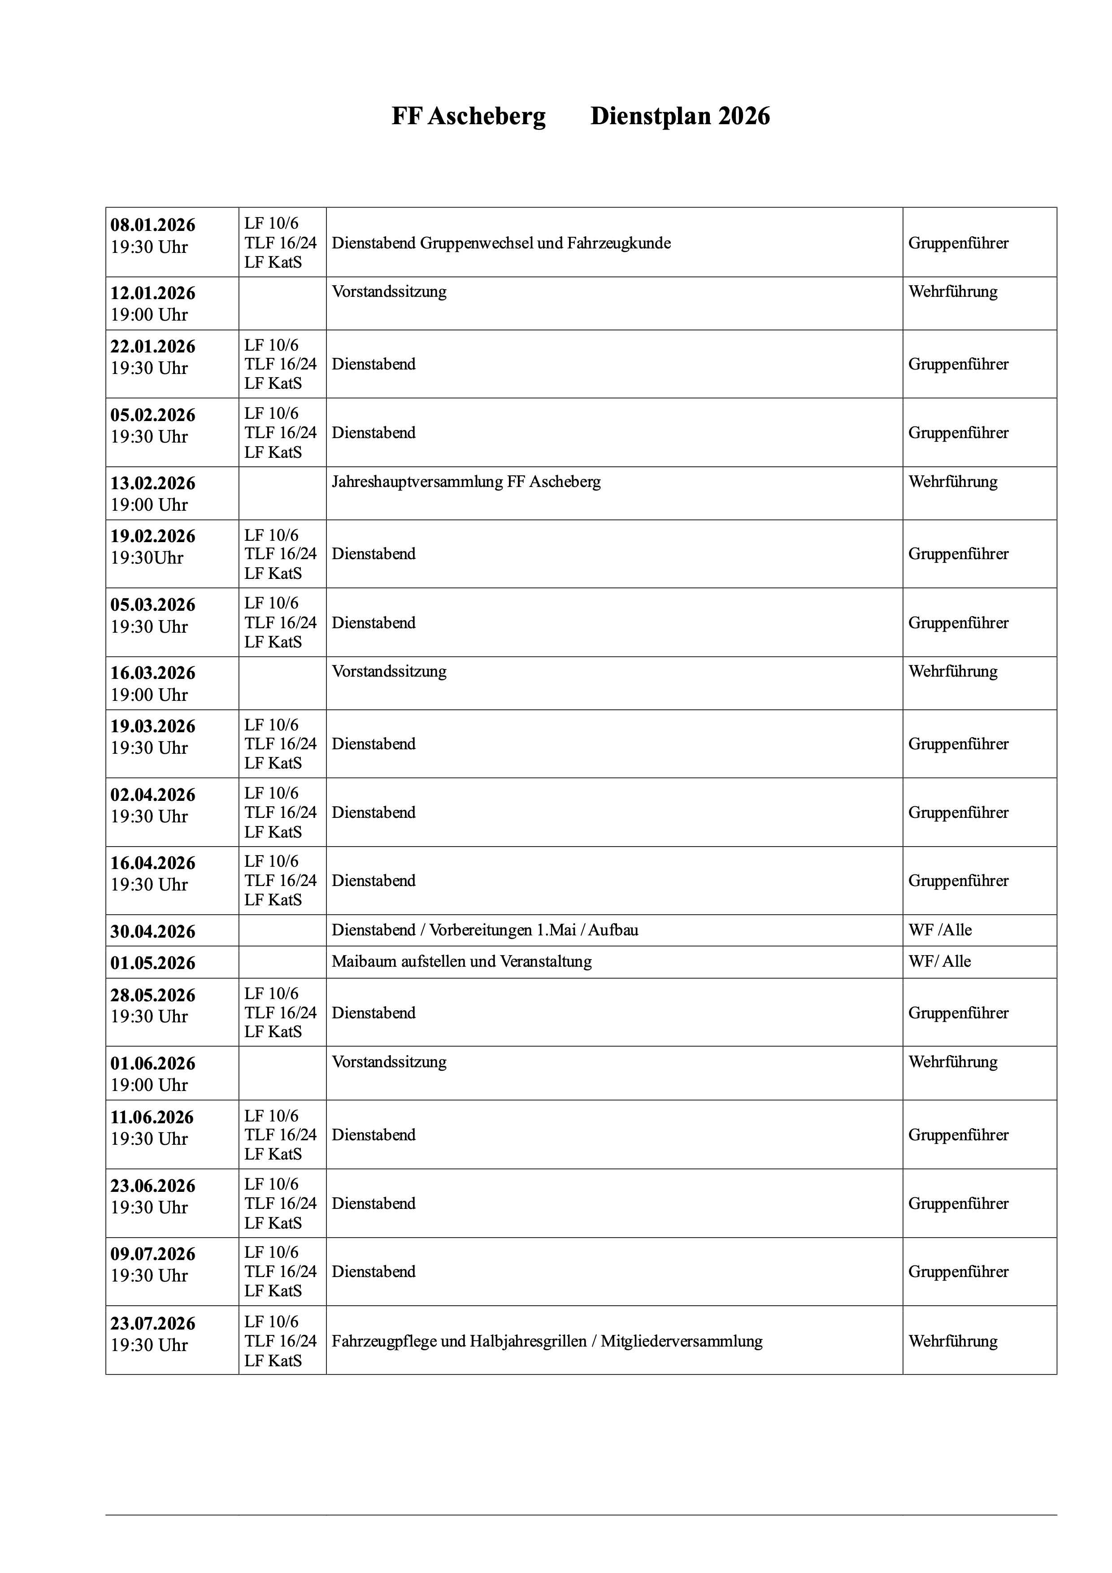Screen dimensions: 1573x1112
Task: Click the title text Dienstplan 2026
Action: (680, 117)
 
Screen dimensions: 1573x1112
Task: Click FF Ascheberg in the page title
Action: (469, 117)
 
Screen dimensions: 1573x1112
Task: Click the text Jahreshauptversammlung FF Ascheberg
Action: (466, 482)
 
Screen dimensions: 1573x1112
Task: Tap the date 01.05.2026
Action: (153, 963)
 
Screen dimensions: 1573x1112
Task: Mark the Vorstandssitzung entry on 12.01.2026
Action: (389, 292)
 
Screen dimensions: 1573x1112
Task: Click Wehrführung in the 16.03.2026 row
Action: (952, 671)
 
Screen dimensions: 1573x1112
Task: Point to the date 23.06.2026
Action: (153, 1186)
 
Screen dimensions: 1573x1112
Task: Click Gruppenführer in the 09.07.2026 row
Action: (958, 1272)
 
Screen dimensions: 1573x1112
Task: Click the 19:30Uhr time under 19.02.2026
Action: (148, 558)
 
